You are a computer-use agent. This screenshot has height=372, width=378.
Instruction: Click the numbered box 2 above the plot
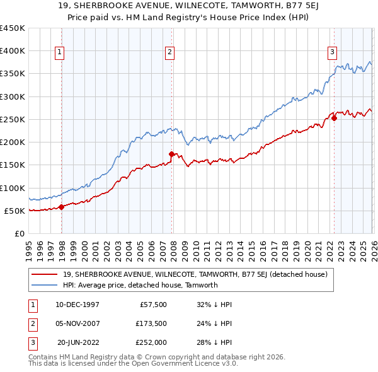tap(170, 53)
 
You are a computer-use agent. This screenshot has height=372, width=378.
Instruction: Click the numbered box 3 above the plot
tap(332, 53)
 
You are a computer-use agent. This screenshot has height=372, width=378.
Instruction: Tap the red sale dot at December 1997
tap(61, 207)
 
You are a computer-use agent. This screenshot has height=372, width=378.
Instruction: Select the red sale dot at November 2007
tap(171, 154)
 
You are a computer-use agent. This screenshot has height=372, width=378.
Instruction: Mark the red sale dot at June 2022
tap(334, 118)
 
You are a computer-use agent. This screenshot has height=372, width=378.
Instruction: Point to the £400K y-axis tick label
tap(13, 51)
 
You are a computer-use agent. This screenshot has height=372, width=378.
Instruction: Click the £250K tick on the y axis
tap(13, 119)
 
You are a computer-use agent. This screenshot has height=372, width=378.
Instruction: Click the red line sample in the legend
tap(45, 275)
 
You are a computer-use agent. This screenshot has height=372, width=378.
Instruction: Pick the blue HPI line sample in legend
tap(45, 285)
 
